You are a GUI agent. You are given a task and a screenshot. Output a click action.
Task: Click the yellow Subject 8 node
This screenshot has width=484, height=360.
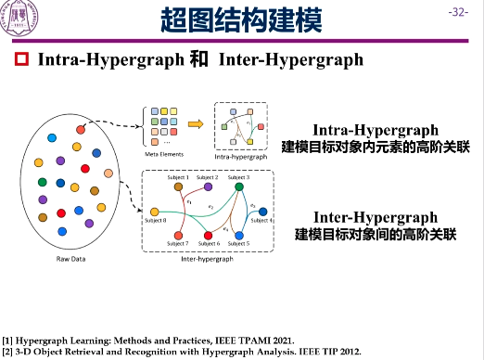click(154, 212)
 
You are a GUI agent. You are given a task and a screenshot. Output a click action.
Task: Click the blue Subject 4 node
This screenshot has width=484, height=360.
click(262, 212)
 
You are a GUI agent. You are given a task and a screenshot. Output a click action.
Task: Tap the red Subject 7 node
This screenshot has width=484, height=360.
click(176, 235)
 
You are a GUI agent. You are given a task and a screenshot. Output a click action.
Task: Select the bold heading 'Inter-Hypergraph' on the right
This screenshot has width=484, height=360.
click(376, 217)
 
